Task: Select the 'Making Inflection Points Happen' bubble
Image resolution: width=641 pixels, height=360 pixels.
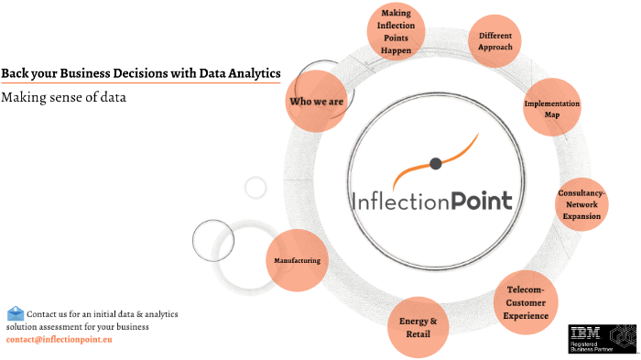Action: point(397,33)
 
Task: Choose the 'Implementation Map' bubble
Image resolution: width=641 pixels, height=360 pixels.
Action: point(552,109)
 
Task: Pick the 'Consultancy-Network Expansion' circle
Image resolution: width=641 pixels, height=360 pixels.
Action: point(582,205)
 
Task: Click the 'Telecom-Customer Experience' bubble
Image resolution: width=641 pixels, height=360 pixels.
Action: point(526,302)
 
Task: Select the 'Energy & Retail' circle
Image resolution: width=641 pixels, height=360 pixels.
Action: point(418,326)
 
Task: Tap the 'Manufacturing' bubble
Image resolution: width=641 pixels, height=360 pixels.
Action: point(297,261)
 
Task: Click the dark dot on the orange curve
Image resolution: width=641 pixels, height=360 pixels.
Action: point(436,164)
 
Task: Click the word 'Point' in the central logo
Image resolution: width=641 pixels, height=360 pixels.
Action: point(481,199)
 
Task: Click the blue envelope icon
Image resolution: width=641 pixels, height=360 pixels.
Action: point(16,313)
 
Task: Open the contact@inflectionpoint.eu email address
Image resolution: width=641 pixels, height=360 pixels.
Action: point(59,340)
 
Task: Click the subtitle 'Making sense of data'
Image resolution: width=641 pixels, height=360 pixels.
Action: point(63,96)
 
